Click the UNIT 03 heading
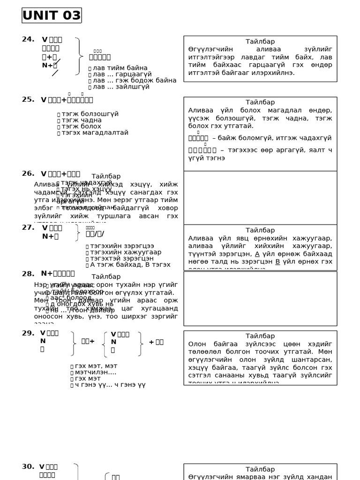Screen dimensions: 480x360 click(x=52, y=15)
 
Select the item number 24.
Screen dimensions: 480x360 click(x=28, y=39)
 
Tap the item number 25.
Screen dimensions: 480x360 click(x=28, y=99)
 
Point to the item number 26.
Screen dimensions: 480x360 click(x=28, y=173)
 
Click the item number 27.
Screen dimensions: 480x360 click(x=28, y=227)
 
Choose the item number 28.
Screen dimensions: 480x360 click(x=28, y=274)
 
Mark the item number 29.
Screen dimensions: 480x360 click(x=28, y=333)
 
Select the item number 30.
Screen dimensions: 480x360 click(x=28, y=466)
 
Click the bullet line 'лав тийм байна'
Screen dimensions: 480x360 click(x=120, y=68)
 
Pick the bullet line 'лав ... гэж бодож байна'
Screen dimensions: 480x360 click(x=134, y=81)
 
